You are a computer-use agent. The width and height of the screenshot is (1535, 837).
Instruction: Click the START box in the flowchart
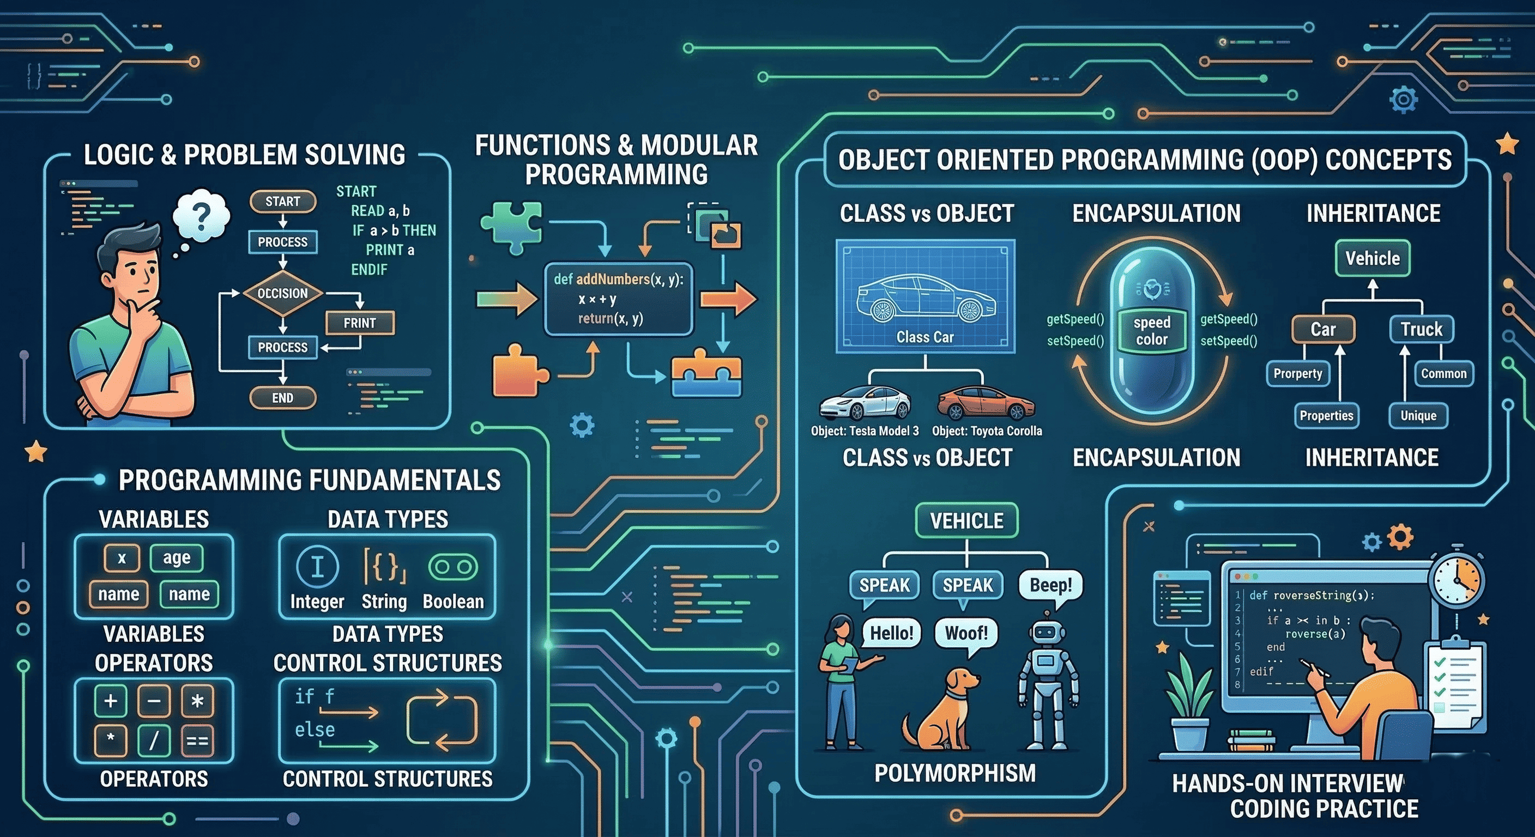[x=282, y=202]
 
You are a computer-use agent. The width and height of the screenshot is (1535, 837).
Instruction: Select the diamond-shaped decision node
[x=282, y=293]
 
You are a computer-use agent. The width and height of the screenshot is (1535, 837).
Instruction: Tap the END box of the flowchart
[x=282, y=398]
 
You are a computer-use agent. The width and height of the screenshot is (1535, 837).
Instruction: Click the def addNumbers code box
[x=619, y=299]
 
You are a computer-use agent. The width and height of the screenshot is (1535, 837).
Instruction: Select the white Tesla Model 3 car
[x=865, y=403]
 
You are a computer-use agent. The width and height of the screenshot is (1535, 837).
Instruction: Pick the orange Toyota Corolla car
[x=986, y=403]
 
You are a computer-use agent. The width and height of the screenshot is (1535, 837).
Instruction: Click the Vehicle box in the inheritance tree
[x=1373, y=258]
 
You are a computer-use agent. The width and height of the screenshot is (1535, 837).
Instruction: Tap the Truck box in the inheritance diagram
[x=1421, y=329]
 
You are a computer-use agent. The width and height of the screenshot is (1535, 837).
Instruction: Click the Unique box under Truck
[x=1418, y=415]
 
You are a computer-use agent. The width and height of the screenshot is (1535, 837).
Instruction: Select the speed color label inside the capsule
[x=1152, y=331]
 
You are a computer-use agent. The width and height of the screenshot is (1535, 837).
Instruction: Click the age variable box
[x=177, y=557]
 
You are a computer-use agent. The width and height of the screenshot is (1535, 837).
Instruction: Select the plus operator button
[x=111, y=701]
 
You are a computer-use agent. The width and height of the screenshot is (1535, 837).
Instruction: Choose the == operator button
[x=197, y=741]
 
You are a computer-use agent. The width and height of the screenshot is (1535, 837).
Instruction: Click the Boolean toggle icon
[x=453, y=567]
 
